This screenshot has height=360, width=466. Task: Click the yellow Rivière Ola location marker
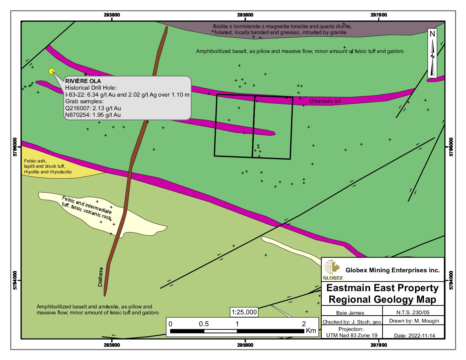click(x=52, y=71)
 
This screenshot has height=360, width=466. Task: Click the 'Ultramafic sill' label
click(x=325, y=101)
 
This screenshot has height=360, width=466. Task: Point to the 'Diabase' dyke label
click(x=101, y=277)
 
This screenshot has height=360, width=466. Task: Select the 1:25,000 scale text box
click(x=244, y=312)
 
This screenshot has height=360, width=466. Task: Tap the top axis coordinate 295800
click(x=245, y=15)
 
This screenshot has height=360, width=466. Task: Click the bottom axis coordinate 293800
click(x=112, y=345)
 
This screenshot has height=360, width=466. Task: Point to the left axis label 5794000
click(x=15, y=281)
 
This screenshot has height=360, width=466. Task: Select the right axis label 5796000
click(x=451, y=147)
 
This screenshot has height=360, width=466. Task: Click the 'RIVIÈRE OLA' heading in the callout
click(x=83, y=81)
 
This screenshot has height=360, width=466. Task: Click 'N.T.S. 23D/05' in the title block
click(x=413, y=312)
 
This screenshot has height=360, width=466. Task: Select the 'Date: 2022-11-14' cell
click(x=414, y=336)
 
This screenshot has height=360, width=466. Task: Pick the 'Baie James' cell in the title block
click(x=350, y=313)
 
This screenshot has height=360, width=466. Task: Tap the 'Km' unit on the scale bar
click(x=311, y=331)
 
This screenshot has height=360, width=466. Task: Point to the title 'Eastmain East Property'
click(x=382, y=288)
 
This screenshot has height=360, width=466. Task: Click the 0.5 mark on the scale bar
click(x=204, y=324)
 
